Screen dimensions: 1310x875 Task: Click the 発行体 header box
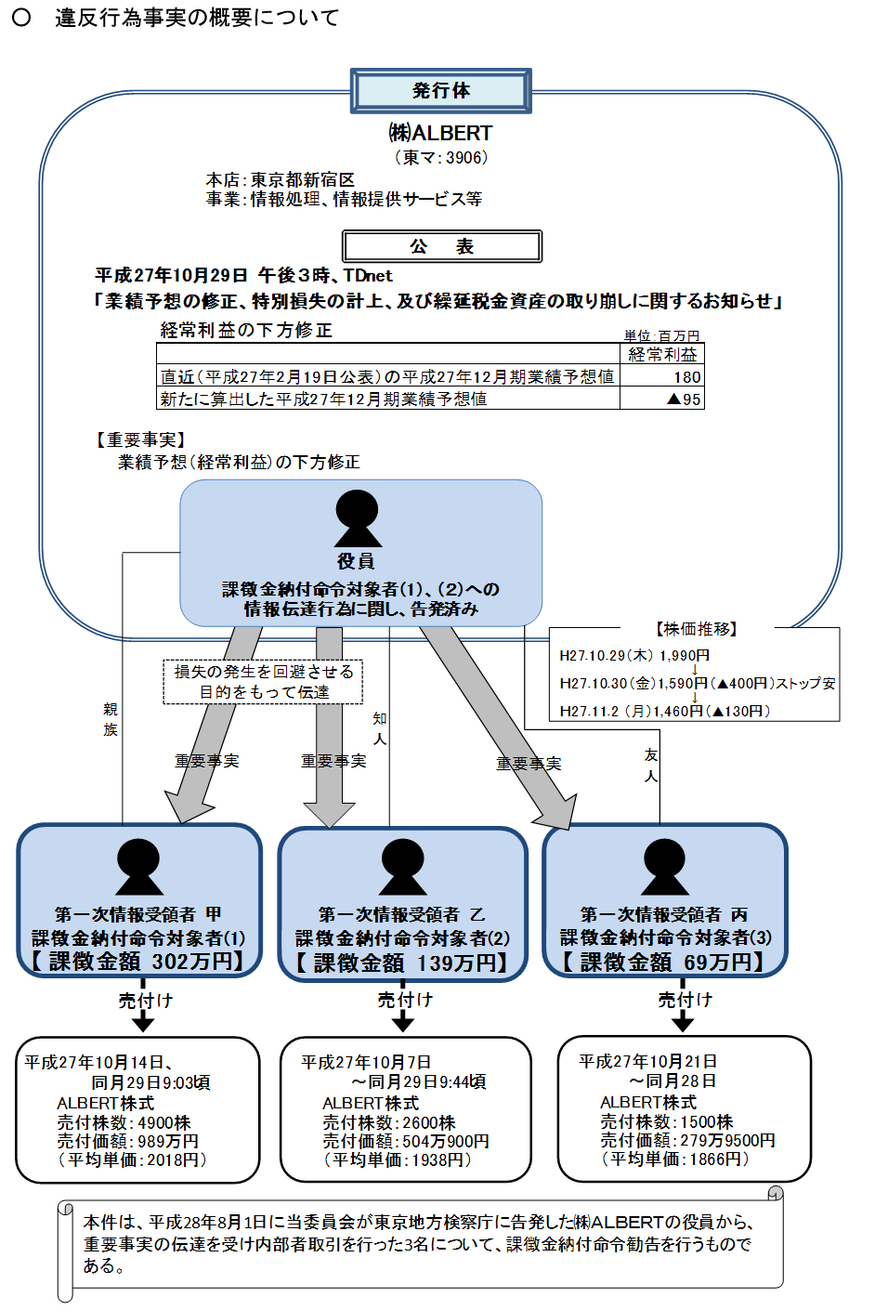click(440, 91)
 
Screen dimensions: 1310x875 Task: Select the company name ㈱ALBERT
click(440, 133)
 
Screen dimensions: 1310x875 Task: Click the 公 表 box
click(442, 246)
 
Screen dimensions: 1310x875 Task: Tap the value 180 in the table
click(686, 376)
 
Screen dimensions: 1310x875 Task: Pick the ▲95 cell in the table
click(684, 399)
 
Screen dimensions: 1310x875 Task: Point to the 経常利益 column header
click(662, 354)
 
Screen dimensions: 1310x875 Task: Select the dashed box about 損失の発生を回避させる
click(264, 682)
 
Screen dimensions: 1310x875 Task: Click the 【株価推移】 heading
click(695, 629)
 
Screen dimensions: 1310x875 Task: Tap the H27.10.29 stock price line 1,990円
click(634, 655)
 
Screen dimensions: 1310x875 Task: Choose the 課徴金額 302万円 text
click(139, 961)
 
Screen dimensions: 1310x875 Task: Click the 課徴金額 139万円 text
click(403, 963)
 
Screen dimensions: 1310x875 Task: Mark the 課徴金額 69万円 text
click(664, 962)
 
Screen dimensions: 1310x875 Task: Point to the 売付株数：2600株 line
click(389, 1122)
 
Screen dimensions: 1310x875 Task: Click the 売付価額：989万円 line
click(128, 1141)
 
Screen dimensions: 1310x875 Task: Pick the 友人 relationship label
click(651, 766)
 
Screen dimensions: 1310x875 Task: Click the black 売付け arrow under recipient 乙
click(403, 1021)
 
